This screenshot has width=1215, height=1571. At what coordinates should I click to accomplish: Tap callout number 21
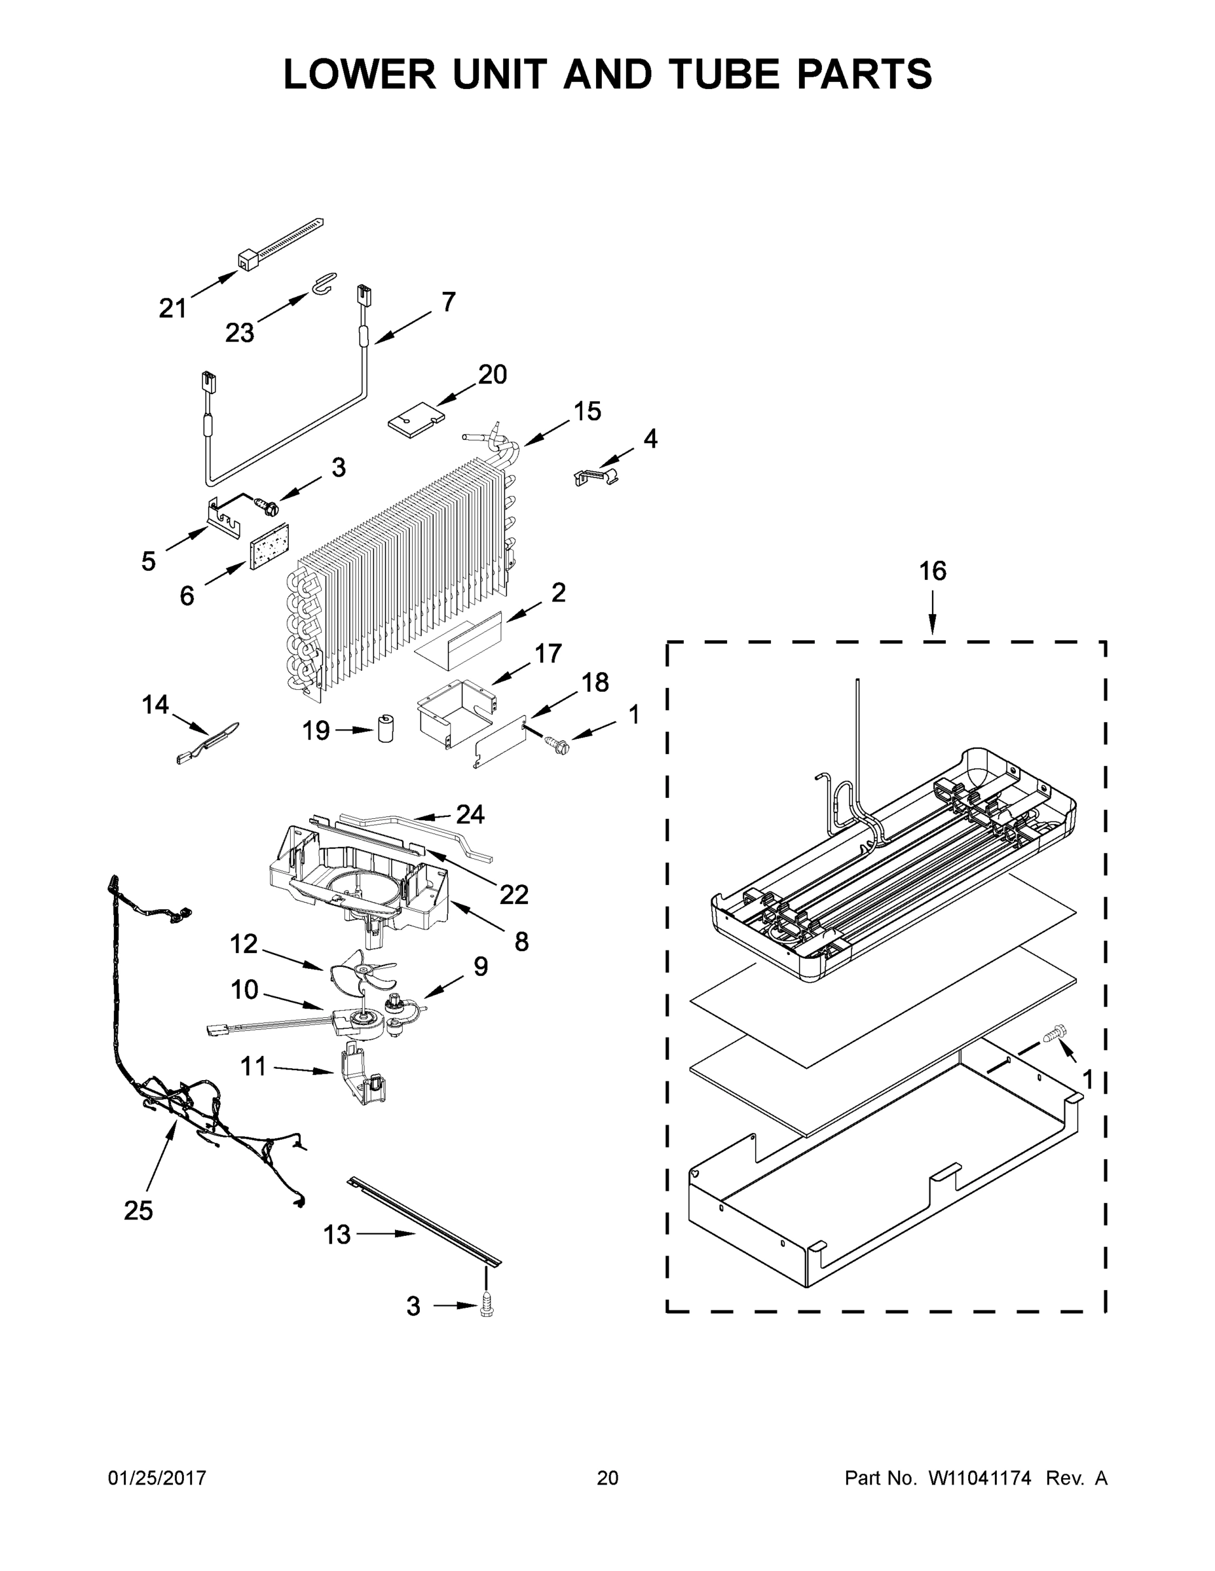pyautogui.click(x=173, y=308)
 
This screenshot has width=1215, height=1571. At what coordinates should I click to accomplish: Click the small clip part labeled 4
pyautogui.click(x=597, y=476)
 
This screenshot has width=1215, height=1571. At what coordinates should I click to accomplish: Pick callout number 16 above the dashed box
pyautogui.click(x=932, y=571)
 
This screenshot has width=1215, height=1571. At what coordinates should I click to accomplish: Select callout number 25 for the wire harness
pyautogui.click(x=138, y=1210)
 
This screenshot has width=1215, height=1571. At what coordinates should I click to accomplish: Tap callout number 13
pyautogui.click(x=337, y=1235)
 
